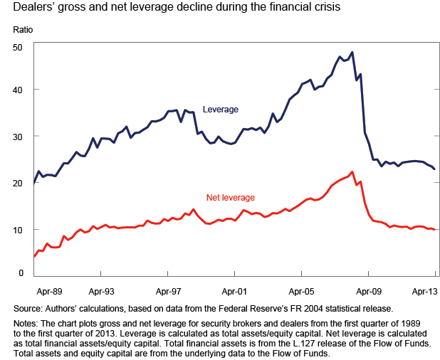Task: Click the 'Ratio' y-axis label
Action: [23, 32]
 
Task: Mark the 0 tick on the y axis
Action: [21, 273]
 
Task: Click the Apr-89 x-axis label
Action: [48, 291]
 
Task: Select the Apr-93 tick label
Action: [102, 291]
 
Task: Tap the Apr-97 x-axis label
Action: [168, 291]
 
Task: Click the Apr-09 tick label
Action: [368, 291]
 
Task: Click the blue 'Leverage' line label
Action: [221, 110]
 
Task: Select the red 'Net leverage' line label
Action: [231, 197]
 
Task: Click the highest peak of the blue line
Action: [352, 52]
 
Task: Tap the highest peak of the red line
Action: [352, 171]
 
